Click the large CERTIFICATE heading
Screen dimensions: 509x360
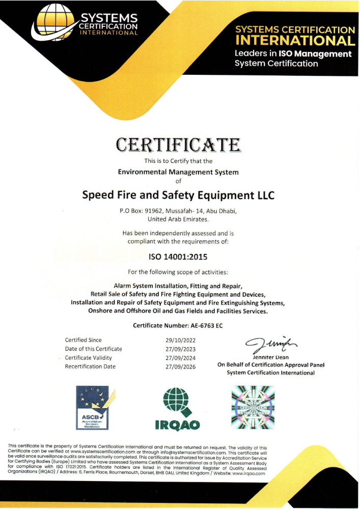coord(178,145)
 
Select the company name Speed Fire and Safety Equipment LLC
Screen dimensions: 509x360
coord(178,195)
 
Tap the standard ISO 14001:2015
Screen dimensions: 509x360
coord(178,257)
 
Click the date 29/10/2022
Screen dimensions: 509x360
coord(181,340)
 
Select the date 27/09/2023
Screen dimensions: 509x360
coord(181,349)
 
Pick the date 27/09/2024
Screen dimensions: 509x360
coord(181,357)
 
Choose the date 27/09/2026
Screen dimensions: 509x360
coord(181,366)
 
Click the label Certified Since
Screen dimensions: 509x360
coord(83,340)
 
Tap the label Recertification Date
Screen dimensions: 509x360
coord(90,366)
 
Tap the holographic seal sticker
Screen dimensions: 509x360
coord(253,407)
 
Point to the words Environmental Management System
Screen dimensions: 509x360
coord(178,172)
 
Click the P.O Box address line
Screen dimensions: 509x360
coord(178,211)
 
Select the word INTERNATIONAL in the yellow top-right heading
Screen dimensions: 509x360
coord(295,41)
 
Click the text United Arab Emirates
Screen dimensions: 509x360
coord(178,219)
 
